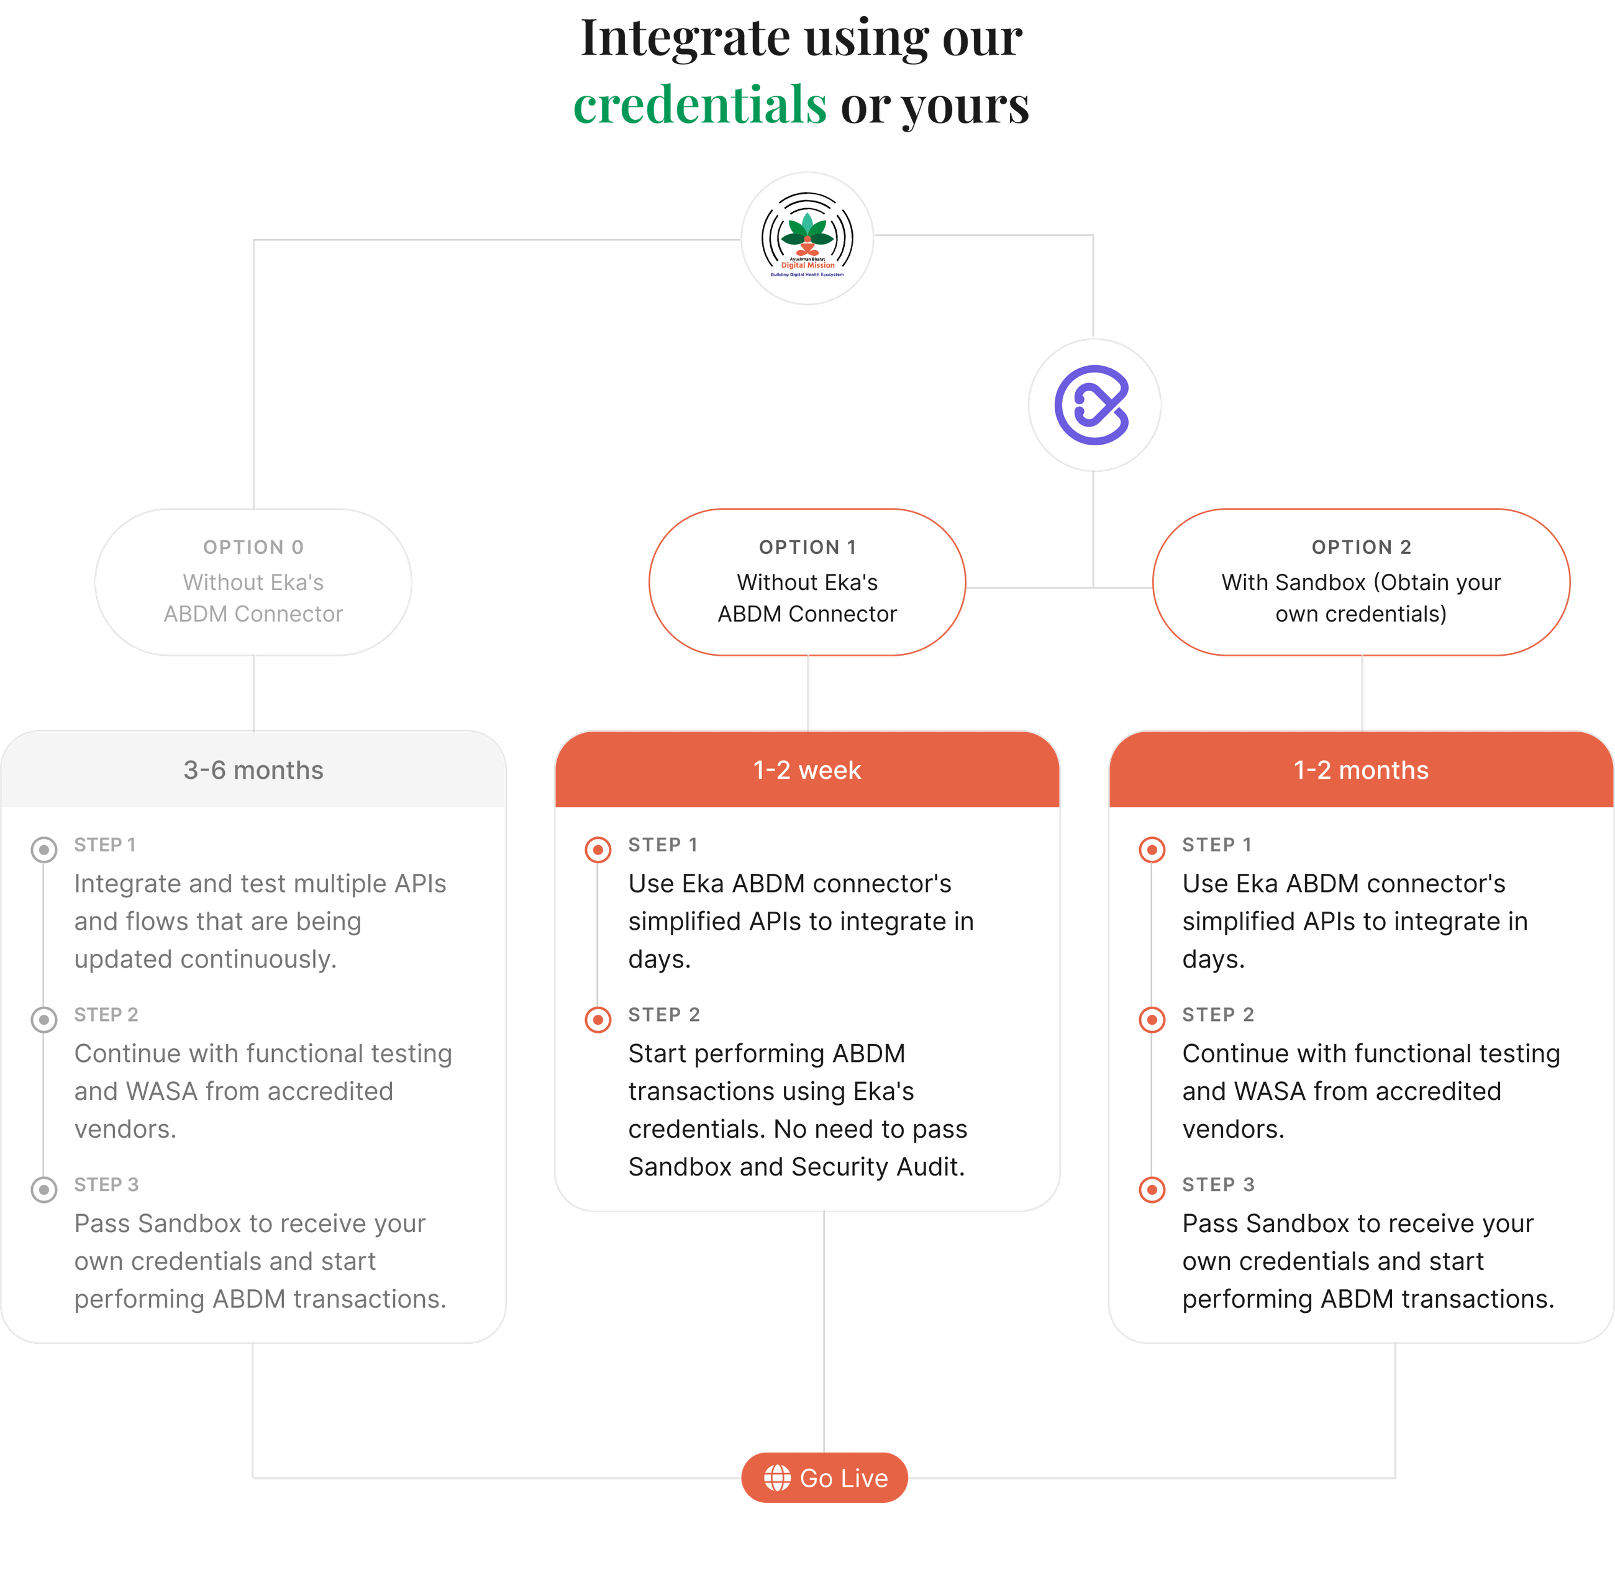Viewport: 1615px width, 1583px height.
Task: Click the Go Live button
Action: point(824,1477)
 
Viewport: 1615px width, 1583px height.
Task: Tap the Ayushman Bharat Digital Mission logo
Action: point(807,238)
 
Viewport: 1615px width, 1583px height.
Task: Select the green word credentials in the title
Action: point(700,106)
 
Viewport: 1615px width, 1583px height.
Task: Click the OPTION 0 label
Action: point(253,547)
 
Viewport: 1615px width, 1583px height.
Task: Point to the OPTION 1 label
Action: point(807,547)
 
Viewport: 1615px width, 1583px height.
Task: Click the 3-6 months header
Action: point(253,770)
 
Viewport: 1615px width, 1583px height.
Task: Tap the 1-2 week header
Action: point(807,770)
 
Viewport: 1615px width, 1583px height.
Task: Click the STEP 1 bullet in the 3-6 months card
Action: point(44,850)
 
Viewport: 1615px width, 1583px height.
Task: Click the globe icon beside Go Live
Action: point(778,1477)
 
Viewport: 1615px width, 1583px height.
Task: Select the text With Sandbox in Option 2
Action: point(1293,582)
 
